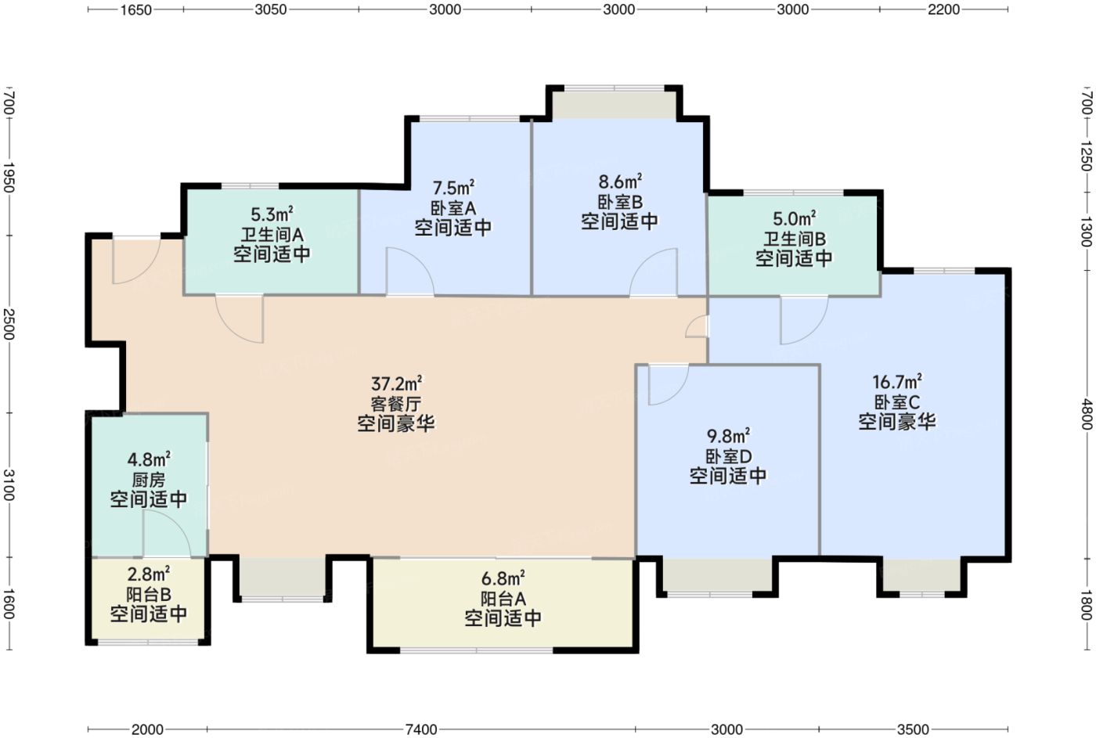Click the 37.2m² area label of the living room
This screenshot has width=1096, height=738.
[x=396, y=383]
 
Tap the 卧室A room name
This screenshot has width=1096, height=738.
[x=453, y=208]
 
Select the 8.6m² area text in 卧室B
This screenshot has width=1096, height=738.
[x=620, y=182]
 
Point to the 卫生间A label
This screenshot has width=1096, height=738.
[x=272, y=235]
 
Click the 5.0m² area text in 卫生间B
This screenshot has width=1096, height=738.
[x=794, y=218]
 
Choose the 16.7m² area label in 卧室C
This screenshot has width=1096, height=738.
[x=897, y=381]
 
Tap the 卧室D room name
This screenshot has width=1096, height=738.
[x=728, y=456]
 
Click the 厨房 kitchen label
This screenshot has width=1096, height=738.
[x=149, y=480]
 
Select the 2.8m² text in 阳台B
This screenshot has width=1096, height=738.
[x=149, y=573]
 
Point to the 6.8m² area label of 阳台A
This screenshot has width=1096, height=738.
[x=503, y=578]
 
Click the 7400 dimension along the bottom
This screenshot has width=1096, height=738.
[x=421, y=729]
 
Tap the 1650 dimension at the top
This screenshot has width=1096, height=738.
[x=136, y=9]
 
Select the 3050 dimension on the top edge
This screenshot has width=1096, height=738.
[x=271, y=9]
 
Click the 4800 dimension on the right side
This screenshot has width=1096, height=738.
[x=1087, y=414]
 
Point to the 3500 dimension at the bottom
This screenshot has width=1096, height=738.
[x=913, y=729]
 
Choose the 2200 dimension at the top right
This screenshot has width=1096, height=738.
[x=944, y=9]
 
